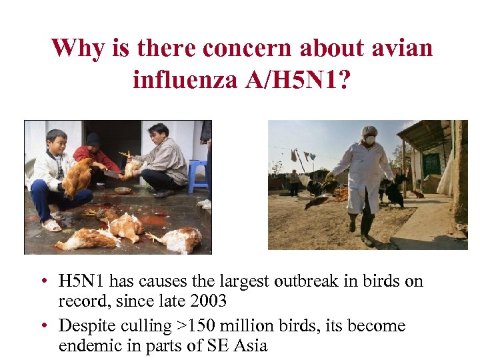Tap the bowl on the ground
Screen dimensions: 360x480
pos(123,191)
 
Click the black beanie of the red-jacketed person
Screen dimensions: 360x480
pos(93,139)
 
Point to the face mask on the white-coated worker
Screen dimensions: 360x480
pos(369,141)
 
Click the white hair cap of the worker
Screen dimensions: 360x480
pos(369,131)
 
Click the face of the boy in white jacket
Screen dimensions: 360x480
pos(57,143)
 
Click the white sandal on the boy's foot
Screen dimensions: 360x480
pos(51,225)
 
